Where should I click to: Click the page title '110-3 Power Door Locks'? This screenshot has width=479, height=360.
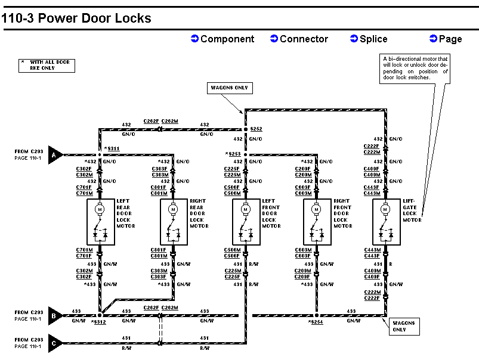[x=76, y=18]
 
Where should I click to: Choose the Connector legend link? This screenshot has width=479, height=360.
[x=299, y=39]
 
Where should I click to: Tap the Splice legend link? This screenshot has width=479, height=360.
[x=369, y=39]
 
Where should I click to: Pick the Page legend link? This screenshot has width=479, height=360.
[x=446, y=39]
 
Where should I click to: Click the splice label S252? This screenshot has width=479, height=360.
[x=256, y=129]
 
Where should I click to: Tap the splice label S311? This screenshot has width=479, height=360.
[x=112, y=148]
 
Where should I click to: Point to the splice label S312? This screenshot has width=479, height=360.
[x=98, y=322]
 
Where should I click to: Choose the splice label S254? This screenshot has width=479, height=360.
[x=316, y=322]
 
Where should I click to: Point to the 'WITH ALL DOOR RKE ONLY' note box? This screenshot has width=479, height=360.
[x=47, y=65]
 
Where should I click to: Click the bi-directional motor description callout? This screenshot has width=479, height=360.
[x=415, y=68]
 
